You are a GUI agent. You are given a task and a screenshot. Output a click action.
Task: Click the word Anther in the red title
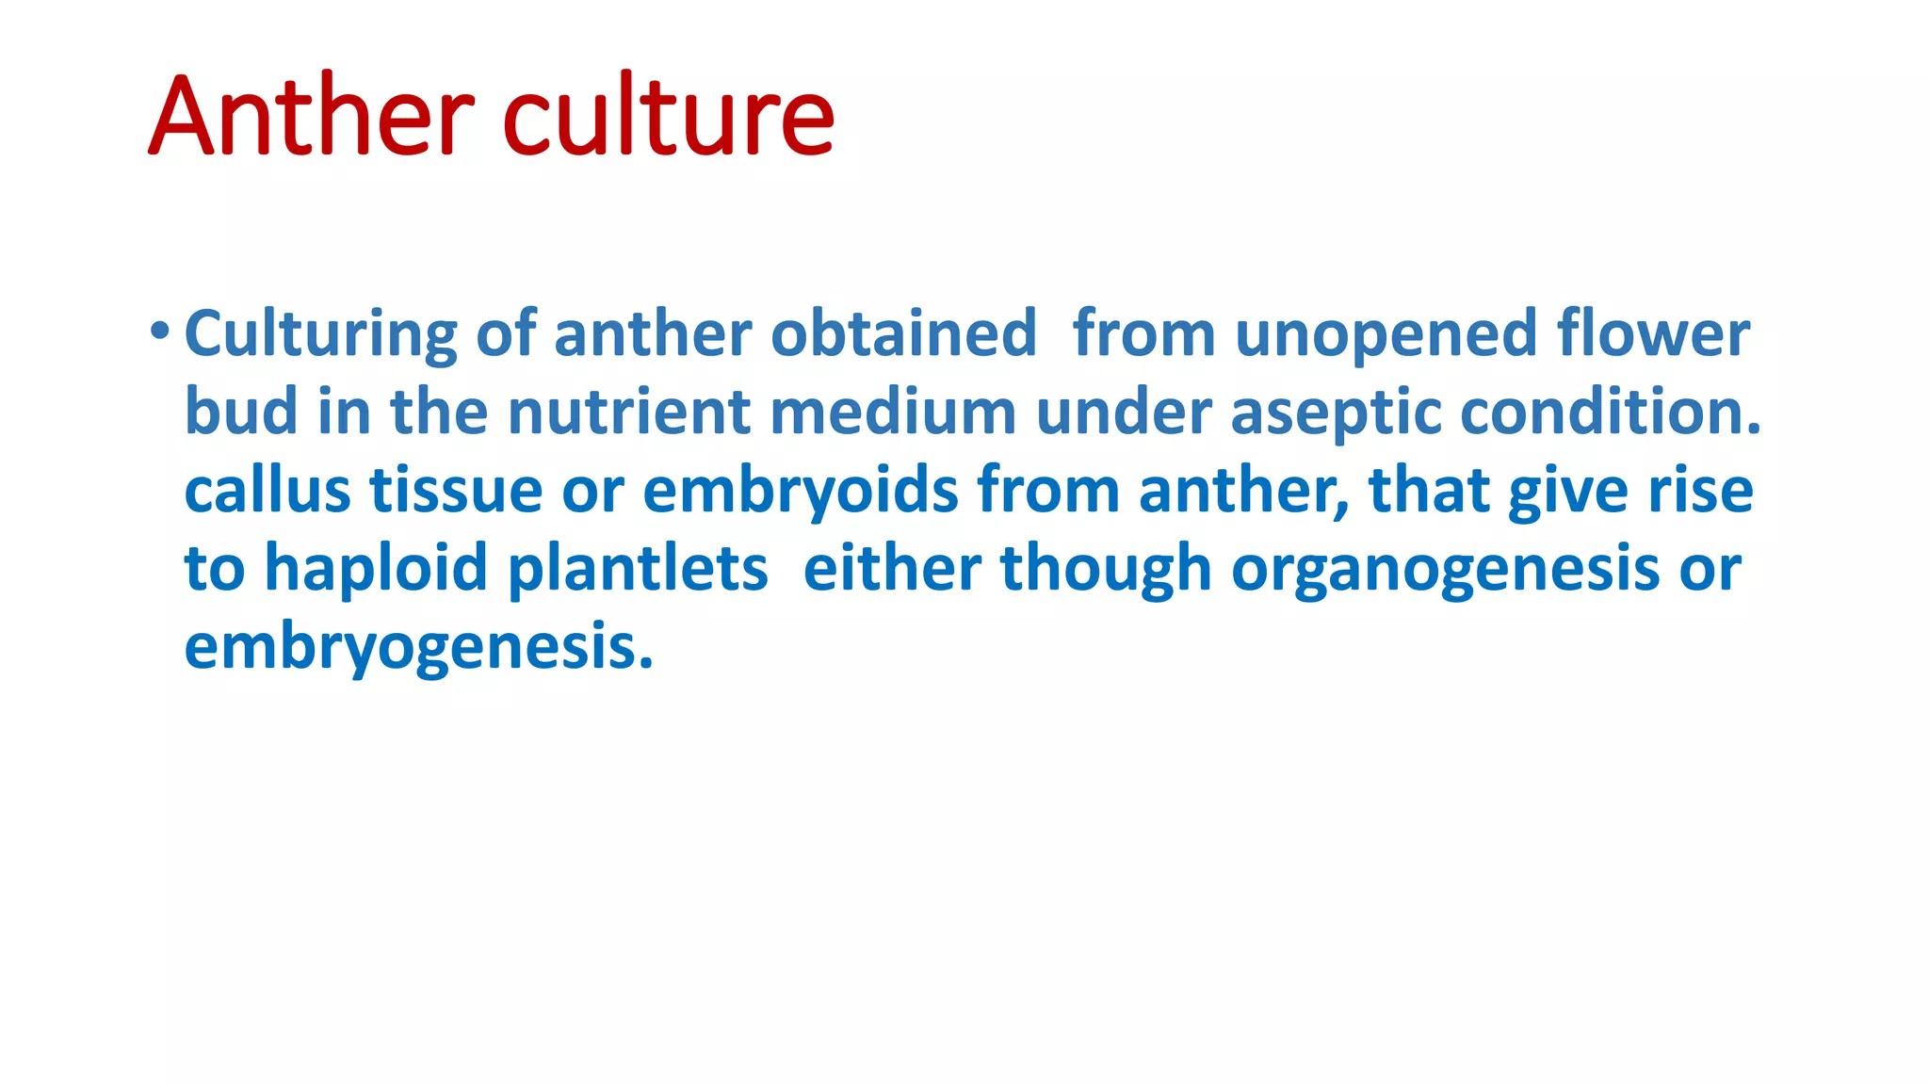[311, 117]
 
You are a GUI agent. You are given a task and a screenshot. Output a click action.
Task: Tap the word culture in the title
[669, 117]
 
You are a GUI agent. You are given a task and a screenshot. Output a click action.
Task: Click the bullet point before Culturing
[159, 331]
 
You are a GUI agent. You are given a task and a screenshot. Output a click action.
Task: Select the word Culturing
[321, 334]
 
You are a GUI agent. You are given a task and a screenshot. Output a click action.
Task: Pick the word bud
[241, 412]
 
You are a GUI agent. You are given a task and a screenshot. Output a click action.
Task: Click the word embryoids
[801, 492]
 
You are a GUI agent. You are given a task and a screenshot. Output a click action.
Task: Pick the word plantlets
[638, 569]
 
